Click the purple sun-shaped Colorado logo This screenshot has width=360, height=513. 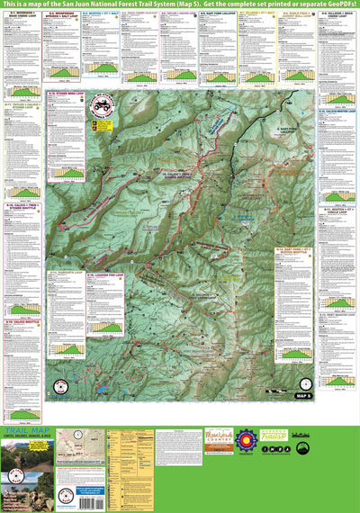(x=246, y=443)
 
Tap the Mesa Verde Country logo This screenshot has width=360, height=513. (x=219, y=441)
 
